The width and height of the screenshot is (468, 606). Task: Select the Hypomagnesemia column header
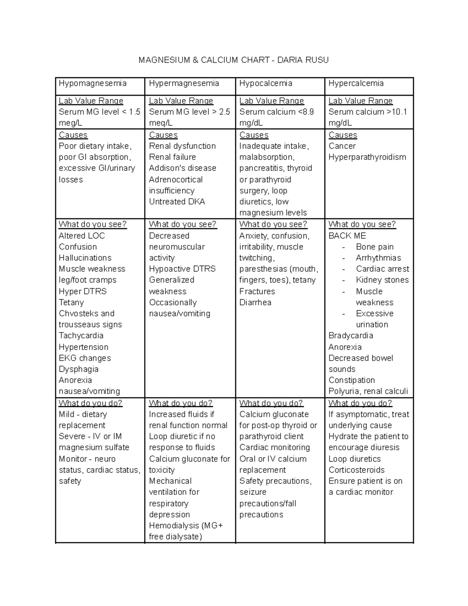point(92,84)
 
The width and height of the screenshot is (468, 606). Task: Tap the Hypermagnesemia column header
point(184,84)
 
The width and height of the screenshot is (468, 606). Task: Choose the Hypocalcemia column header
point(266,84)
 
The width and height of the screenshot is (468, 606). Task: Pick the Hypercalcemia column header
point(356,84)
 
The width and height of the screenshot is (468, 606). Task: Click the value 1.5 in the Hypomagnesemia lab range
point(135,112)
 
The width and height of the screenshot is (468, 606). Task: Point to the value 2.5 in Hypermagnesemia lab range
point(224,112)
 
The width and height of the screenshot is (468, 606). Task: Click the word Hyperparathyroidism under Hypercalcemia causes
point(367,157)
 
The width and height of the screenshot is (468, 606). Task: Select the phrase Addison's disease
point(183,168)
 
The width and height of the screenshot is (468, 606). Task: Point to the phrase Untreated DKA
point(177,202)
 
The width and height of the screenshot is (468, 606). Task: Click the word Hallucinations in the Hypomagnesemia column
point(85,258)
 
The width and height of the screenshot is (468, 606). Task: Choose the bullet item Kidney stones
point(382,280)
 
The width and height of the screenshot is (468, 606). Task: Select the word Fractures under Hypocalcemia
point(257,291)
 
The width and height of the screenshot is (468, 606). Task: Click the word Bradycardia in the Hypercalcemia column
point(351,336)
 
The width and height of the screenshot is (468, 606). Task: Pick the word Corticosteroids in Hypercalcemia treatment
point(356,470)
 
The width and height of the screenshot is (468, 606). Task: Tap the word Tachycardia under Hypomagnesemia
point(81,336)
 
